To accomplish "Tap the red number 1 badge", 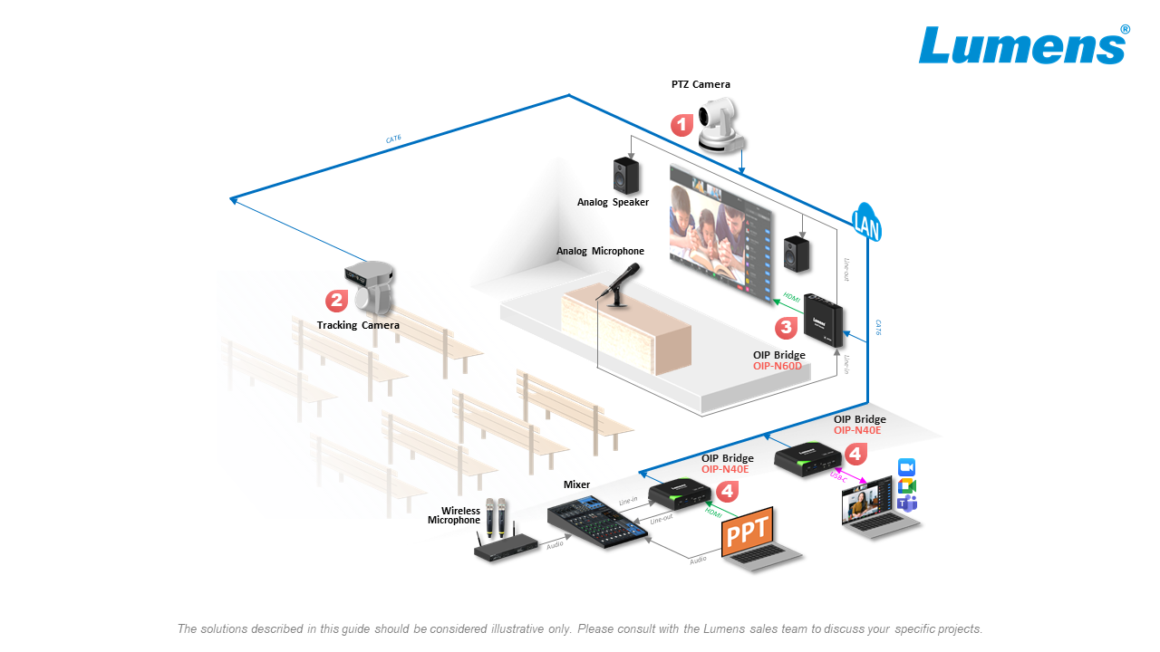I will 681,125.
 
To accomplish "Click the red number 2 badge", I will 336,300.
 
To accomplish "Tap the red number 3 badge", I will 786,327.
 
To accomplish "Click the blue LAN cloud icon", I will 866,223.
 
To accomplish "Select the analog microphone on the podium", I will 621,283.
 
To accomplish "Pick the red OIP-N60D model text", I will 778,367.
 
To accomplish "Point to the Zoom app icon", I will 906,466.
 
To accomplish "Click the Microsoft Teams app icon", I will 906,503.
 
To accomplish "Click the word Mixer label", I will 576,484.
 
